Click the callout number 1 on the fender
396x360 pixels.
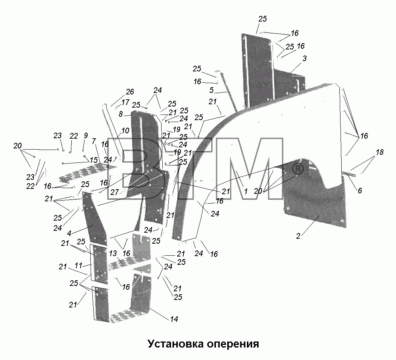(x=246, y=191)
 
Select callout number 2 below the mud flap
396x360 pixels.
(x=298, y=236)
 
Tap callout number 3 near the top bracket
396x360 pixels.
(x=305, y=58)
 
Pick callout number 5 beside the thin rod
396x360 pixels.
(x=211, y=90)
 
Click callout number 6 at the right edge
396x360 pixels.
(x=360, y=190)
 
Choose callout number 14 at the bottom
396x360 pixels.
(x=174, y=319)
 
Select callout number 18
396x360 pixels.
(x=380, y=152)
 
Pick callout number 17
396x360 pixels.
(x=125, y=102)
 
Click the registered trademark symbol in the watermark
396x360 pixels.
(x=298, y=170)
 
